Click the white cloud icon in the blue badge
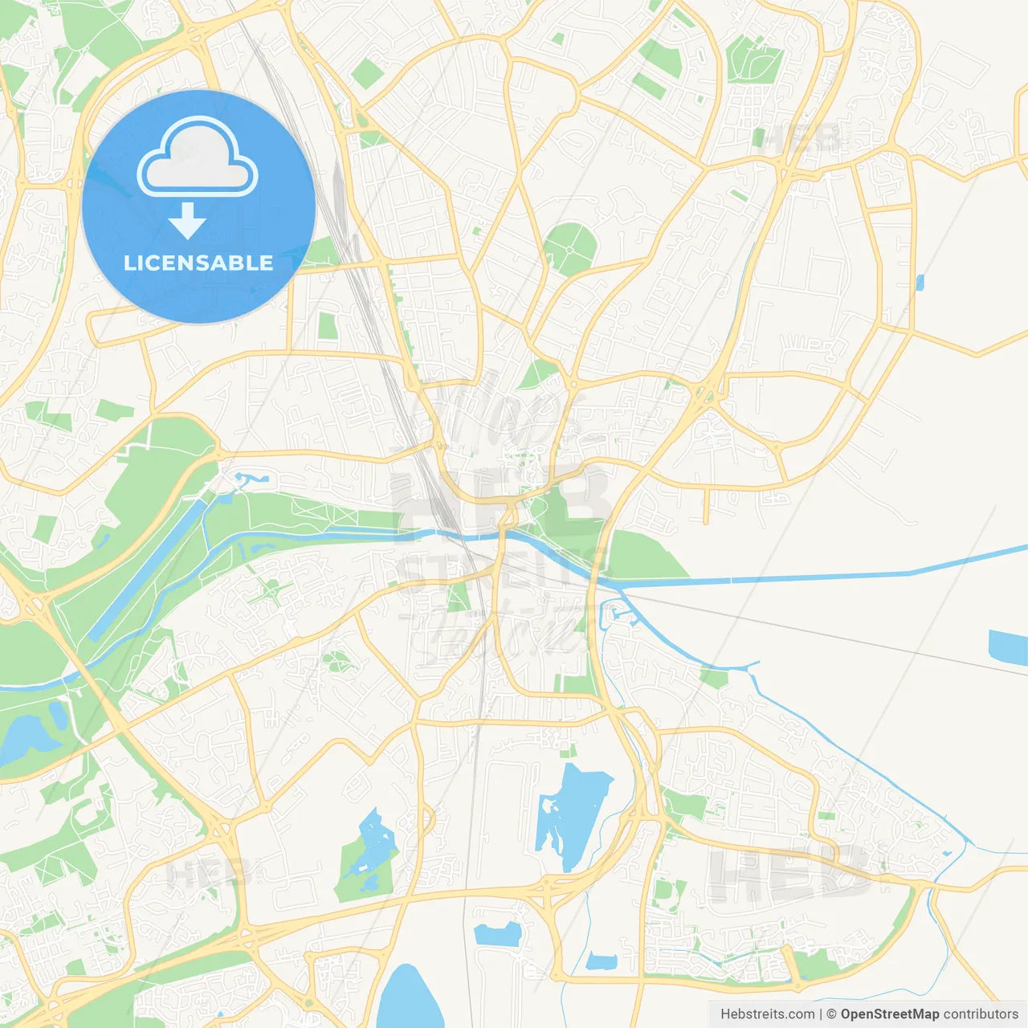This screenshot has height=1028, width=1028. (x=198, y=158)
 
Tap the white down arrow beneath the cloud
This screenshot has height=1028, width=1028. (x=187, y=221)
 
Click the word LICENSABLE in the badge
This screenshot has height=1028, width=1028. (x=198, y=263)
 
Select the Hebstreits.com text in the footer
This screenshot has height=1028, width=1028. (x=767, y=1014)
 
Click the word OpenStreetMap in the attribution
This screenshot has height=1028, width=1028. (x=890, y=1014)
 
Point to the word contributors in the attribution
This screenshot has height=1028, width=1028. (x=981, y=1014)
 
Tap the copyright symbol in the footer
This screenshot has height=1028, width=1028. (x=832, y=1014)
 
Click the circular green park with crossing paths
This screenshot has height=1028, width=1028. (x=569, y=249)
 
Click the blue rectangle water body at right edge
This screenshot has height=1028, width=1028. (x=1009, y=647)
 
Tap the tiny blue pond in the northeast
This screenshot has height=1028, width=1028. (x=920, y=282)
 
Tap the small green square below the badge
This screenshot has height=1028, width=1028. (x=327, y=325)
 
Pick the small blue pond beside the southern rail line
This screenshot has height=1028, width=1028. (x=498, y=934)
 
